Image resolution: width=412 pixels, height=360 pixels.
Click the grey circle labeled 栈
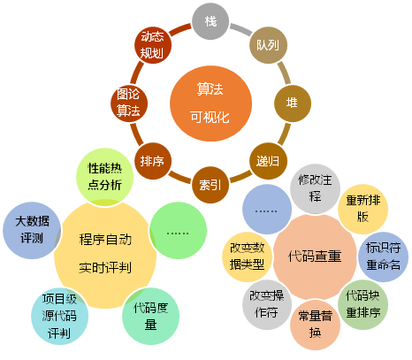pyautogui.click(x=210, y=21)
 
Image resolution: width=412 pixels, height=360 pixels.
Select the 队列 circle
pyautogui.click(x=268, y=45)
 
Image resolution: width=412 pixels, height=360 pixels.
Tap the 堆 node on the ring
pyautogui.click(x=293, y=103)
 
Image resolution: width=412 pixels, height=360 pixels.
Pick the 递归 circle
pyautogui.click(x=268, y=161)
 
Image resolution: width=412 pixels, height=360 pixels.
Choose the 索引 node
pyautogui.click(x=210, y=185)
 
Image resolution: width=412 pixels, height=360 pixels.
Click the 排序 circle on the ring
pyautogui.click(x=153, y=161)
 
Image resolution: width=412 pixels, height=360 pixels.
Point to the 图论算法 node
pyautogui.click(x=129, y=103)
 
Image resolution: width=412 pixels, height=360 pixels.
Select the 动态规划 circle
pyautogui.click(x=153, y=45)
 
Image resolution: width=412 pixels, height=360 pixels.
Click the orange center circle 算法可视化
pyautogui.click(x=210, y=103)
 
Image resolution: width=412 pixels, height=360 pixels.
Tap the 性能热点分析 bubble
pyautogui.click(x=104, y=177)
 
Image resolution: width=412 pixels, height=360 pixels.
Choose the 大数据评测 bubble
pyautogui.click(x=32, y=230)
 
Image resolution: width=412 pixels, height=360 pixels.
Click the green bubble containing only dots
pyautogui.click(x=178, y=230)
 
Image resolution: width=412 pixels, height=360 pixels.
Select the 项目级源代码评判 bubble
pyautogui.click(x=59, y=316)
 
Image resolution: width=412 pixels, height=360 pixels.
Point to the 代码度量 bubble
pyautogui.click(x=150, y=316)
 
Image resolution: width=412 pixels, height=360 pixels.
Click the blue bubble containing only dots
pyautogui.click(x=267, y=210)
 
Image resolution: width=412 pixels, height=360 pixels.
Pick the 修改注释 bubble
pyautogui.click(x=315, y=189)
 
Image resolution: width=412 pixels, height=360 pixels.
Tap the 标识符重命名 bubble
pyautogui.click(x=383, y=257)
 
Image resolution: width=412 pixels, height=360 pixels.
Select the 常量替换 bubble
pyautogui.click(x=315, y=325)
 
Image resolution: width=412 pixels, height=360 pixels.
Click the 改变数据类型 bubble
pyautogui.click(x=247, y=257)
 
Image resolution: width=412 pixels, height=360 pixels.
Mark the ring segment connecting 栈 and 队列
pyautogui.click(x=240, y=29)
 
